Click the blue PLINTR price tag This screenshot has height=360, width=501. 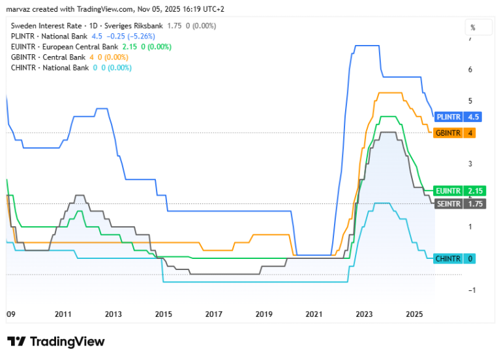[457, 117]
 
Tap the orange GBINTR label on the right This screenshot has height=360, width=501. [454, 133]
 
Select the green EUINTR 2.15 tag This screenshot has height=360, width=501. [459, 191]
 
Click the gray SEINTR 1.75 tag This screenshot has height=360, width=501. [460, 203]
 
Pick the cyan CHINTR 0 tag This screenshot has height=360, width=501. [454, 258]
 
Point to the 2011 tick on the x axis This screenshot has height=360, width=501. [63, 314]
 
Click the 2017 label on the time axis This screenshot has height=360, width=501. [213, 314]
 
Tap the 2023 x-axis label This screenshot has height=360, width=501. [364, 314]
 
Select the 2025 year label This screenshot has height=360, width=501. [414, 314]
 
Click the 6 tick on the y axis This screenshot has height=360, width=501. [470, 70]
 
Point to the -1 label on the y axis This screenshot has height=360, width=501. [472, 290]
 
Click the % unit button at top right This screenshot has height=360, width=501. [478, 27]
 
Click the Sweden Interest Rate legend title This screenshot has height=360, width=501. [46, 26]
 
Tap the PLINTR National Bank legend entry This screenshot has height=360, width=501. [49, 37]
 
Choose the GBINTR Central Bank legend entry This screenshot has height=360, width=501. [48, 57]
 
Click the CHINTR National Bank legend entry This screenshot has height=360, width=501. [50, 68]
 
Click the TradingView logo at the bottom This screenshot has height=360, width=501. [56, 342]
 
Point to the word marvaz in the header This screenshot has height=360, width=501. [18, 9]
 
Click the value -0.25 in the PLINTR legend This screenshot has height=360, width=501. [116, 37]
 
